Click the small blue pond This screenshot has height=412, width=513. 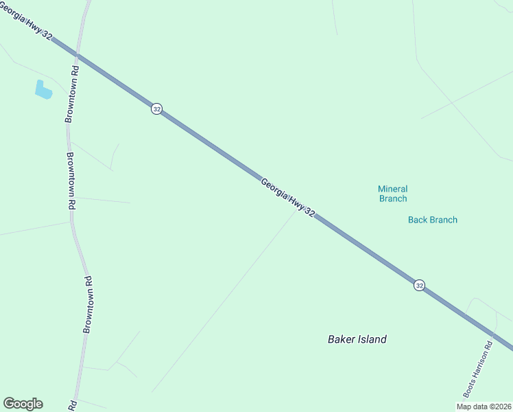[x=43, y=89]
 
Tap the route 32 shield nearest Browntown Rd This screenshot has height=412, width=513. [x=157, y=109]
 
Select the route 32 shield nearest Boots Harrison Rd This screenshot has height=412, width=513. [x=419, y=285]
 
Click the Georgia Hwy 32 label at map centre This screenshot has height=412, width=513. [x=287, y=198]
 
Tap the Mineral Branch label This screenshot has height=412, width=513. [x=392, y=194]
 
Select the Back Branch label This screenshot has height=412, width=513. [x=432, y=220]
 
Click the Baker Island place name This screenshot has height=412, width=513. [x=357, y=339]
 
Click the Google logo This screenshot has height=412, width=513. [x=23, y=404]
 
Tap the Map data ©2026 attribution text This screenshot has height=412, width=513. [x=483, y=407]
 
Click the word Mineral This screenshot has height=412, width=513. [x=392, y=189]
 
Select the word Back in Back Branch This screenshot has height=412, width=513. [x=418, y=220]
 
